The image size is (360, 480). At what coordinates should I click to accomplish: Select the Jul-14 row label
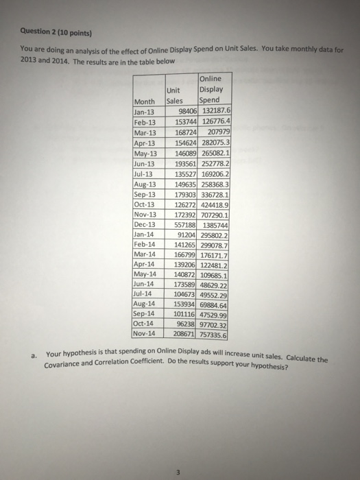pyautogui.click(x=141, y=293)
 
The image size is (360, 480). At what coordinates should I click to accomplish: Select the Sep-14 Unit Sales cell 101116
pyautogui.click(x=182, y=313)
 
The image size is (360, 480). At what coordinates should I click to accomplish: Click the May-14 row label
pyautogui.click(x=142, y=273)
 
